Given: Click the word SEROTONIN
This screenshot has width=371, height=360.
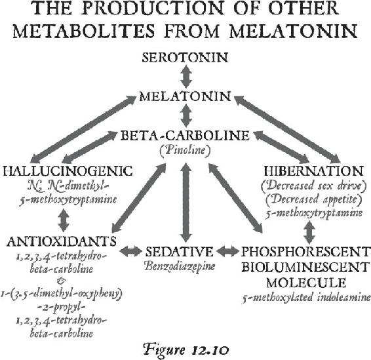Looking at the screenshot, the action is tap(185, 58).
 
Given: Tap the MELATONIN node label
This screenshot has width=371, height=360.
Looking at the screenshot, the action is tap(185, 96).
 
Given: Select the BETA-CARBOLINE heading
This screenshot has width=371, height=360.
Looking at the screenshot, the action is tap(185, 136).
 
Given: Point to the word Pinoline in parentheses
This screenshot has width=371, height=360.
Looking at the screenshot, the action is tap(185, 150).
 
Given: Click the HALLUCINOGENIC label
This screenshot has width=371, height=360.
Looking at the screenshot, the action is tap(68, 171).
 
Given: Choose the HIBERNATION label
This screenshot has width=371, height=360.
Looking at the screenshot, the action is tap(314, 171).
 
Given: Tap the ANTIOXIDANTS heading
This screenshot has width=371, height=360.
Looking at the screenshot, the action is tap(62, 241).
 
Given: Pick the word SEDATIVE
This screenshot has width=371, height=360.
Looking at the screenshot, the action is tap(179, 252).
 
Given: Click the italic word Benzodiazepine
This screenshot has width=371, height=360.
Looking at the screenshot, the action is tap(180, 266).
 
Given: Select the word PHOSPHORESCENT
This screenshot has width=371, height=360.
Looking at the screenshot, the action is tap(305, 252).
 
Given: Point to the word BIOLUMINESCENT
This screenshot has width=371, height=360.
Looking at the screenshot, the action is tap(305, 268).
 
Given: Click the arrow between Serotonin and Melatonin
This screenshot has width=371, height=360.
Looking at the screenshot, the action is tap(186, 77).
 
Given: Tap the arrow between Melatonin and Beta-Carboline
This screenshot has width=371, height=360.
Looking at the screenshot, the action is tap(186, 116).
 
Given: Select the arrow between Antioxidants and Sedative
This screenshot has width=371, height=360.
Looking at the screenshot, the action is tap(130, 251).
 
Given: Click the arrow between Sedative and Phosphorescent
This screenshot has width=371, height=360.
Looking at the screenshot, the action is tap(227, 251).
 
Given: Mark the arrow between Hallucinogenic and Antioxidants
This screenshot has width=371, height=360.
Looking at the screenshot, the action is tap(64, 220).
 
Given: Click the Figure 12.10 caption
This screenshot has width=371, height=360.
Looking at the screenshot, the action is tap(186, 350).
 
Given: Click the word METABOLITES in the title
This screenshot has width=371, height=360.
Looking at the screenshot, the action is tap(88, 31).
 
